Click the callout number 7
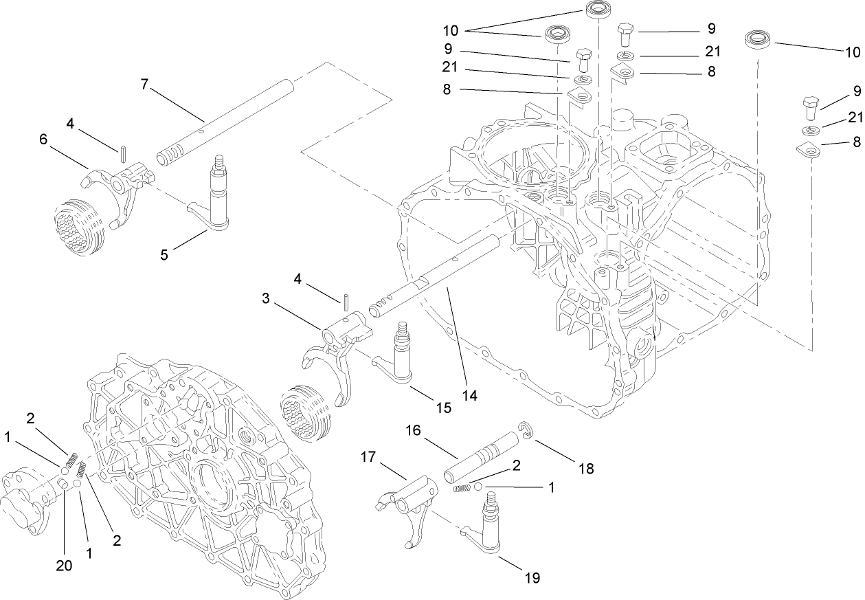point(144,84)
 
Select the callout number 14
point(470,396)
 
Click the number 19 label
point(532,578)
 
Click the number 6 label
point(44,139)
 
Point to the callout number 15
point(443,408)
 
